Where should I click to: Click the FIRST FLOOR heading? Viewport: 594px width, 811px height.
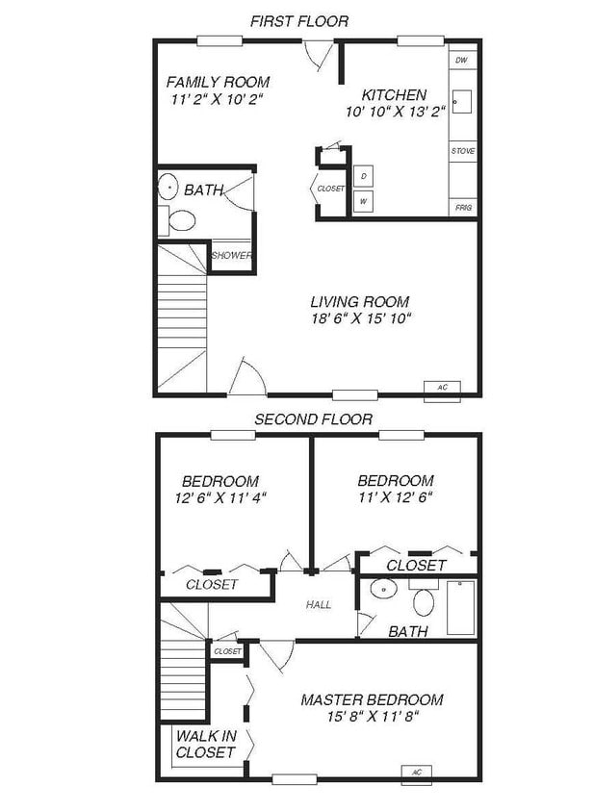[298, 20]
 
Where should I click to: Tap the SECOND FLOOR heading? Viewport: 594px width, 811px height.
[312, 419]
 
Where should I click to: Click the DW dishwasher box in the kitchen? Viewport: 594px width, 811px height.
[462, 61]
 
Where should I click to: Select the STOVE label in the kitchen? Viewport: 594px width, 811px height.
[463, 151]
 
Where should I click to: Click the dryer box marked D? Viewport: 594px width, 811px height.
[364, 177]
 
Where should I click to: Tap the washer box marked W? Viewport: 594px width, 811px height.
[364, 202]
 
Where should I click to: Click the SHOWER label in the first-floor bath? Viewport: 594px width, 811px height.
[231, 256]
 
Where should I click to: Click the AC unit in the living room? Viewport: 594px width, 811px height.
[442, 388]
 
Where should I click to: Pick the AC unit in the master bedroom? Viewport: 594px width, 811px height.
[417, 772]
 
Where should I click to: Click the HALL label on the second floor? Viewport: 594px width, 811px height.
[319, 605]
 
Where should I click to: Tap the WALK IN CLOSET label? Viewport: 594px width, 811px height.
[206, 744]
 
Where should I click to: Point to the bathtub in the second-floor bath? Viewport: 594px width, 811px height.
[460, 606]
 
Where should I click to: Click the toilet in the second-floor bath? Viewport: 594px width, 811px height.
[424, 601]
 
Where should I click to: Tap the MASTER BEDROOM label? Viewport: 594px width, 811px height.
[372, 699]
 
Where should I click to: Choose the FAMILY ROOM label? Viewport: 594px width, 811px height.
[218, 82]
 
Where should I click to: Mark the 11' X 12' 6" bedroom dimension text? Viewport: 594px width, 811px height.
[395, 497]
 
